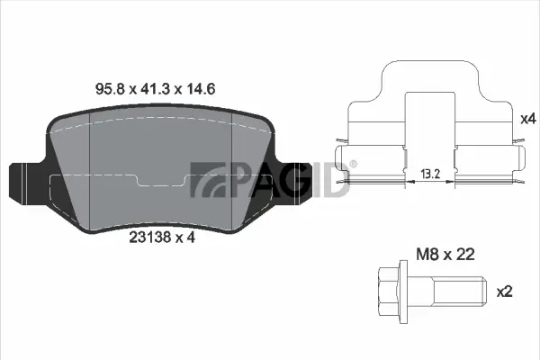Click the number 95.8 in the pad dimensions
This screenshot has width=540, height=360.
[109, 89]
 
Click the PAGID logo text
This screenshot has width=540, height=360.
[270, 179]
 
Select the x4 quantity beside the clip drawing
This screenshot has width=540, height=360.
[528, 118]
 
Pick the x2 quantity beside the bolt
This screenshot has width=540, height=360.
[504, 292]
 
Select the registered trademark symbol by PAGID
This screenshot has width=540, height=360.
[353, 164]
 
